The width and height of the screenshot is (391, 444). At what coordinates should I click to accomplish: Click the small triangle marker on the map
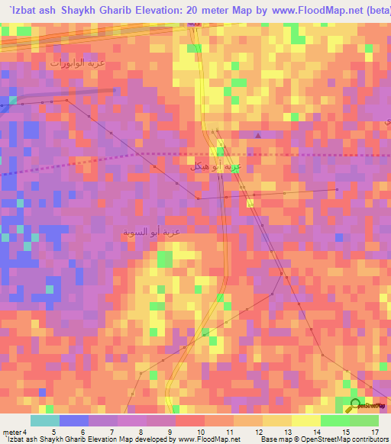pyautogui.click(x=258, y=136)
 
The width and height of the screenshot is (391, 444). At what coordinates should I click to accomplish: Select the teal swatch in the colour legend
pyautogui.click(x=45, y=420)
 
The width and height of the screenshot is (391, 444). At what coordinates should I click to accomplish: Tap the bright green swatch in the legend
pyautogui.click(x=335, y=420)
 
